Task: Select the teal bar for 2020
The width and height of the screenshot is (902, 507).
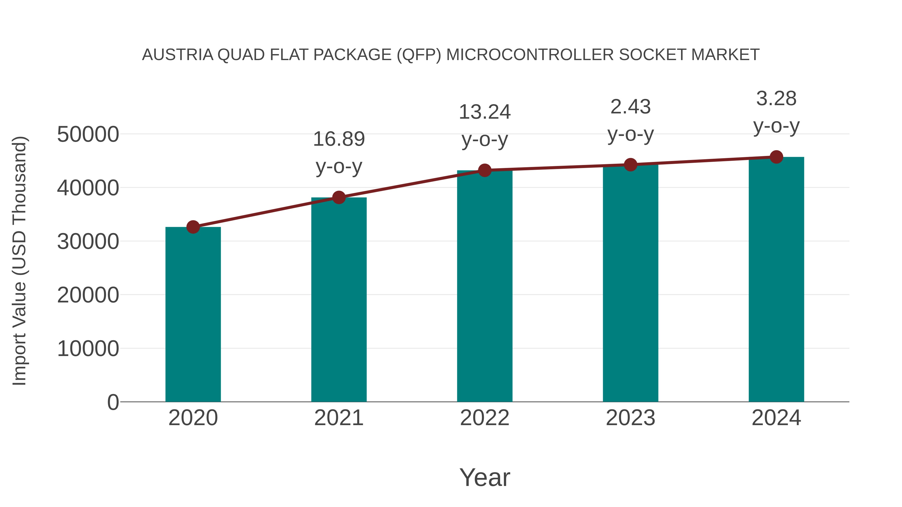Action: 193,315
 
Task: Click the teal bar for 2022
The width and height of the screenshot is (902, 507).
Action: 485,287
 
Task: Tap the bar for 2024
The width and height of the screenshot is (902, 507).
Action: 776,280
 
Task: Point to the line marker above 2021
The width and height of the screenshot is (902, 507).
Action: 339,197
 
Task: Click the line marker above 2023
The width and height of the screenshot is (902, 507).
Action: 630,164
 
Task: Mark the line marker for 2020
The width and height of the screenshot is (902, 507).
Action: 193,227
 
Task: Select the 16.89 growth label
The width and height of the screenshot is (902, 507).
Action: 339,139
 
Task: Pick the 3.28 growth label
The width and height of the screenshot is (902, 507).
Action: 776,99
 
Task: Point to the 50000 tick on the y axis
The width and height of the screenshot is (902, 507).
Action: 88,134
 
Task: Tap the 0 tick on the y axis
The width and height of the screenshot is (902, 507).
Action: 113,402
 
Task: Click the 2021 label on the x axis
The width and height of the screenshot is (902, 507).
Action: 339,418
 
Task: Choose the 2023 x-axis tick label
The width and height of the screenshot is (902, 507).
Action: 630,418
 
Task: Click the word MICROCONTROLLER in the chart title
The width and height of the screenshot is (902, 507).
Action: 530,55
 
